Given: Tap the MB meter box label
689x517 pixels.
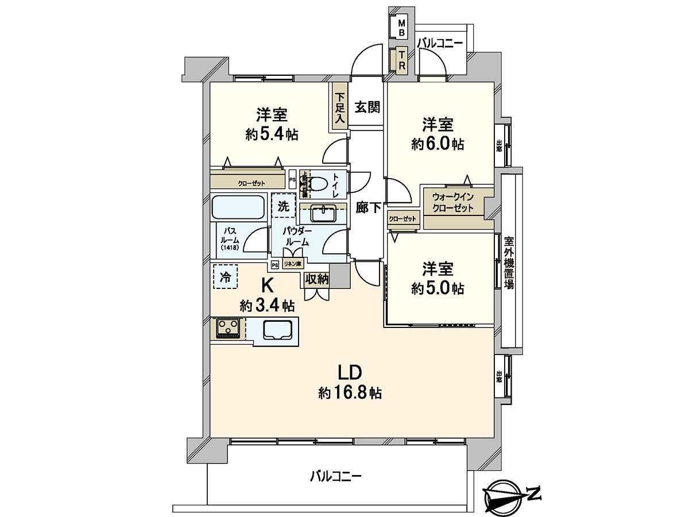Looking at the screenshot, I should pos(402,28).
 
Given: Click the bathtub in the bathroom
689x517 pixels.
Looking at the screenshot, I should pos(238,207).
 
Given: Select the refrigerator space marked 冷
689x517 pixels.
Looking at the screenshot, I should pos(226,276).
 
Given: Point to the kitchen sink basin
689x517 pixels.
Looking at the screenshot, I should pos(277,330).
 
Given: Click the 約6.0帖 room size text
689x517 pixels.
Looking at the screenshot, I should pos(438,144).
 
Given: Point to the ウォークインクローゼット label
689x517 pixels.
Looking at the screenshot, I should pos(454,203).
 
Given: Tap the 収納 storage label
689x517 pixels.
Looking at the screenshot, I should pos(316,279).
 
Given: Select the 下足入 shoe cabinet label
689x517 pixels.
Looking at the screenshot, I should pos(340,109).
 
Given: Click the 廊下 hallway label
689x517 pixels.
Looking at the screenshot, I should pos(368,208).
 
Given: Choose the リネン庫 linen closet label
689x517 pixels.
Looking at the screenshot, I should pos(293,264).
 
